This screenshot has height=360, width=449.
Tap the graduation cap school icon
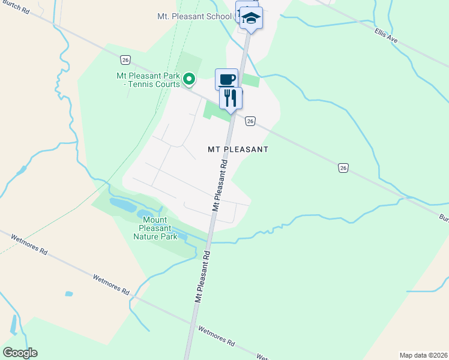[x=251, y=19]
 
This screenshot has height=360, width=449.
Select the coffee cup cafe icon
[x=226, y=79]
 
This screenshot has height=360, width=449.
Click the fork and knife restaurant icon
[x=231, y=98]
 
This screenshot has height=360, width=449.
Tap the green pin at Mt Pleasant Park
[x=188, y=79]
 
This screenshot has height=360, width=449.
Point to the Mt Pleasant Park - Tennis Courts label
[x=148, y=80]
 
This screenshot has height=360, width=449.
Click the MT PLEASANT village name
[x=237, y=149]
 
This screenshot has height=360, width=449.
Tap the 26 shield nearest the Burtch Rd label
[x=124, y=59]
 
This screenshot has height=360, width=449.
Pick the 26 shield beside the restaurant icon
[x=251, y=121]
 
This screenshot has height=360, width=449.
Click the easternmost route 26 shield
[x=343, y=168]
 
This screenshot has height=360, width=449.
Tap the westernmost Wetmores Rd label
[x=28, y=245]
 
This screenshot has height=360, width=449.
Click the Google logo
[x=20, y=353]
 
